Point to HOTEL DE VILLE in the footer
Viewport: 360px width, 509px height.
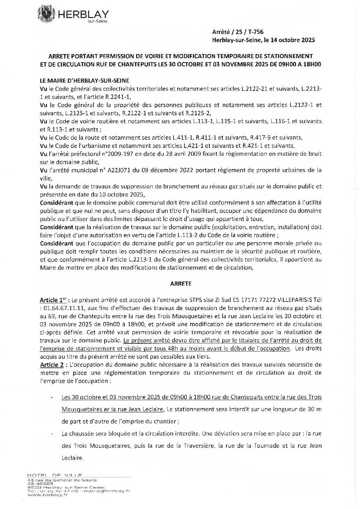(55, 475)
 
